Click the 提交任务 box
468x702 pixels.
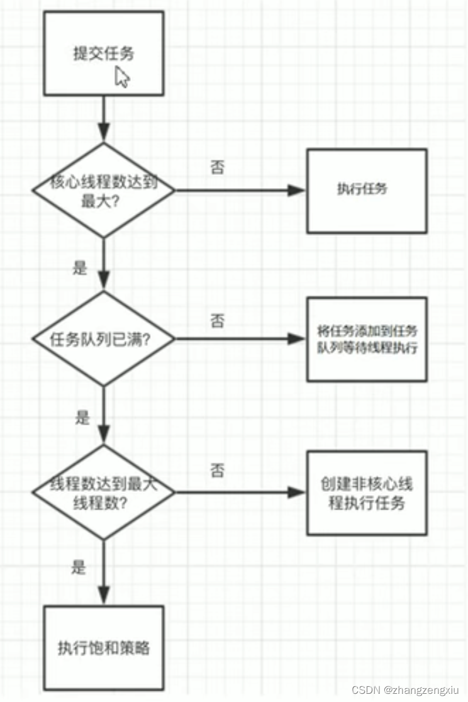point(104,53)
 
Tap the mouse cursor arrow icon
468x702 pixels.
point(123,77)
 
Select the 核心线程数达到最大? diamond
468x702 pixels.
point(104,189)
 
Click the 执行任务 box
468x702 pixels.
point(366,190)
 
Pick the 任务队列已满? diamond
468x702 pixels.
point(104,338)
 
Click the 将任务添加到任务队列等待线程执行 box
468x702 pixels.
point(366,339)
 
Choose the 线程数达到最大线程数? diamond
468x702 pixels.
point(104,493)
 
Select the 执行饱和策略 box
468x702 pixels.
point(104,647)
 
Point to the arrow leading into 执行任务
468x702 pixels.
point(239,189)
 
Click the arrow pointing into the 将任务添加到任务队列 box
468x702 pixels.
point(239,338)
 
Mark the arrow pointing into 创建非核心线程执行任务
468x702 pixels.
point(239,493)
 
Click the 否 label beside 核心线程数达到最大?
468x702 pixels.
point(217,168)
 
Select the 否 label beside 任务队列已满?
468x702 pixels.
point(217,321)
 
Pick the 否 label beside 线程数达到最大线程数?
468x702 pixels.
point(217,471)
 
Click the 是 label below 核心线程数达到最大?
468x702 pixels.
point(80,268)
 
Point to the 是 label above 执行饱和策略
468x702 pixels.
point(79,567)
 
